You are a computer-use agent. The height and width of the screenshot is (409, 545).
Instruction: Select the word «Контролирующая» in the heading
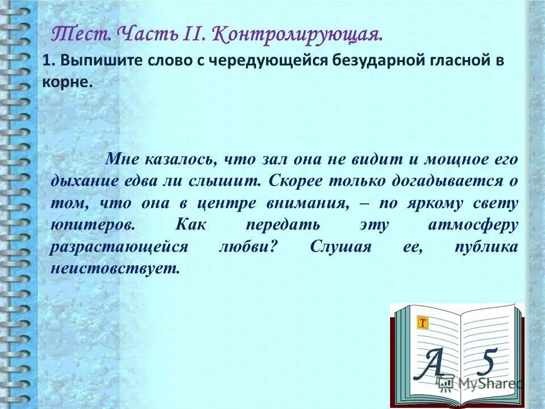click(297, 35)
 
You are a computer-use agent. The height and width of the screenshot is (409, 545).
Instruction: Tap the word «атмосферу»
click(473, 224)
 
